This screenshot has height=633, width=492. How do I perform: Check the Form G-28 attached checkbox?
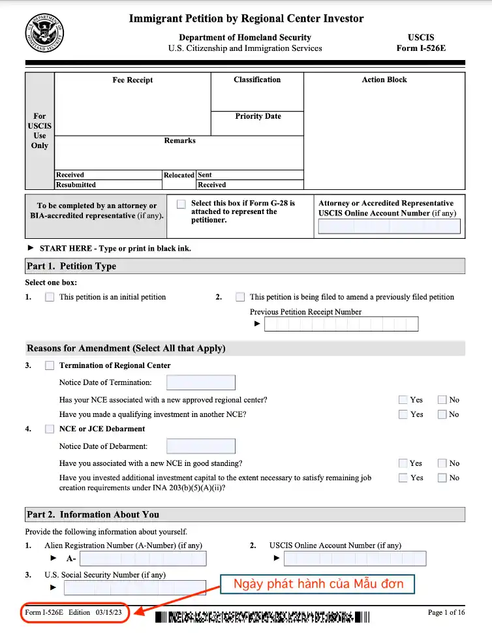tap(181, 204)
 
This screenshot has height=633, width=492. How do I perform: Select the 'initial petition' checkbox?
tap(50, 297)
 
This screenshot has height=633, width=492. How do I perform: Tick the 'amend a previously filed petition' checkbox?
tap(240, 297)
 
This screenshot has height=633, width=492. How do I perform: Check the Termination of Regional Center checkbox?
tap(50, 366)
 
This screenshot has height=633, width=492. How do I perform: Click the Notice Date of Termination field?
tap(201, 382)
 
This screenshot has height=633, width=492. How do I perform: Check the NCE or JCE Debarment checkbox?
tap(50, 429)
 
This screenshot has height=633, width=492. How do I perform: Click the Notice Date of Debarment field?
tap(201, 446)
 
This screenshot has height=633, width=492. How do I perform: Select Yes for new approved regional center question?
tap(403, 399)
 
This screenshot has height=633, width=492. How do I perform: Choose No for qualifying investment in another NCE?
tap(442, 414)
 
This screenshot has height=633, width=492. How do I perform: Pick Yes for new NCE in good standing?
tap(403, 463)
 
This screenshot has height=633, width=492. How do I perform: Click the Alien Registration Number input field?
tap(143, 559)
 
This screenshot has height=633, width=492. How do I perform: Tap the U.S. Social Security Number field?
tap(134, 587)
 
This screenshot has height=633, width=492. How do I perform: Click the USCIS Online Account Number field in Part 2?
tap(355, 559)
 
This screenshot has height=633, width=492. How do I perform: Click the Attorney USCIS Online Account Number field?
tap(389, 226)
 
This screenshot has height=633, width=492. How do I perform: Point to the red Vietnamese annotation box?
tap(318, 583)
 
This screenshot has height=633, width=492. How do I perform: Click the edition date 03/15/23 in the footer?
tap(108, 612)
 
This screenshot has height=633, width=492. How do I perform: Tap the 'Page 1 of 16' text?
tap(446, 612)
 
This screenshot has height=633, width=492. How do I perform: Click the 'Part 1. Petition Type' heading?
tap(71, 266)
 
